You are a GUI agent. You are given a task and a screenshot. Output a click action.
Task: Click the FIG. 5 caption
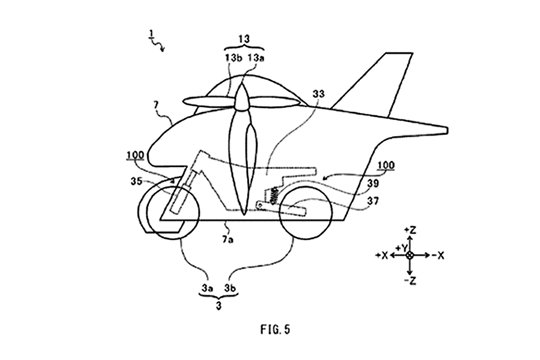click(275, 329)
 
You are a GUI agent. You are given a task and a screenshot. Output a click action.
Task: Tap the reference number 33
click(319, 94)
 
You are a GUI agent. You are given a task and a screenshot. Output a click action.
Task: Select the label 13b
click(233, 58)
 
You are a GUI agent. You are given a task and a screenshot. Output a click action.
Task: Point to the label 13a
click(256, 58)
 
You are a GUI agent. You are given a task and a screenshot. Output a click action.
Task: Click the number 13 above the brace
click(244, 39)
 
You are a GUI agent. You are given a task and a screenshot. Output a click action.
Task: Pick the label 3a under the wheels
click(207, 288)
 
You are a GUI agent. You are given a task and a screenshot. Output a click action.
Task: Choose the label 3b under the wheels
click(230, 288)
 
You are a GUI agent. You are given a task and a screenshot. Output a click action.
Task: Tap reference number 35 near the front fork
click(136, 181)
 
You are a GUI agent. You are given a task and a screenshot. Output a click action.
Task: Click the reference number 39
click(373, 184)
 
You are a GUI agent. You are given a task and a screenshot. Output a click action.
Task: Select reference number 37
click(373, 201)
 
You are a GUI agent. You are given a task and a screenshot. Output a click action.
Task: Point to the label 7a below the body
click(228, 240)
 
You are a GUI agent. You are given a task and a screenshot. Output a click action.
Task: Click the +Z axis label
click(410, 230)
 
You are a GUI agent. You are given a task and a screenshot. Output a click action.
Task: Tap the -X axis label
click(438, 256)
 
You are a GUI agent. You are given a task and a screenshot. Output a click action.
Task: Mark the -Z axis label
click(410, 281)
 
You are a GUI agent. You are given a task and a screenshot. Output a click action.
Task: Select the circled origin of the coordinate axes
click(410, 255)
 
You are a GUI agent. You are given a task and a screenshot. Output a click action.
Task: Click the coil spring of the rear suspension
click(274, 196)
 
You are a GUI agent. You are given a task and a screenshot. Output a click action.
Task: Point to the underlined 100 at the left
click(135, 155)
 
